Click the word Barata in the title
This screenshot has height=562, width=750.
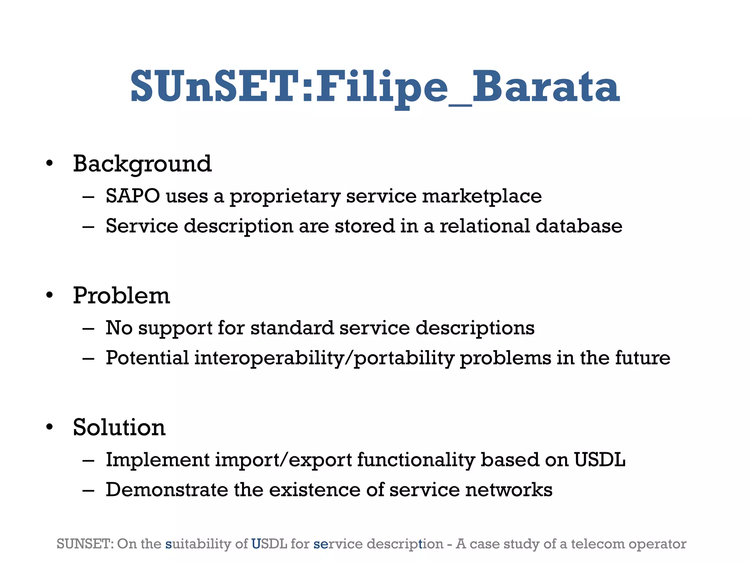coord(546,87)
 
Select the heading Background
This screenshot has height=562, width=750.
coord(142,164)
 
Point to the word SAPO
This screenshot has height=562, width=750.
coord(133,196)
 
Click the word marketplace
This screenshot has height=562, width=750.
coord(482,196)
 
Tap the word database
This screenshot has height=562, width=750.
coord(579,226)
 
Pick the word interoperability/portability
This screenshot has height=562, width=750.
coord(324,358)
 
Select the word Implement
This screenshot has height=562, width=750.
coord(157,460)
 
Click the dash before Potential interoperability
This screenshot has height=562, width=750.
coord(88,358)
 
